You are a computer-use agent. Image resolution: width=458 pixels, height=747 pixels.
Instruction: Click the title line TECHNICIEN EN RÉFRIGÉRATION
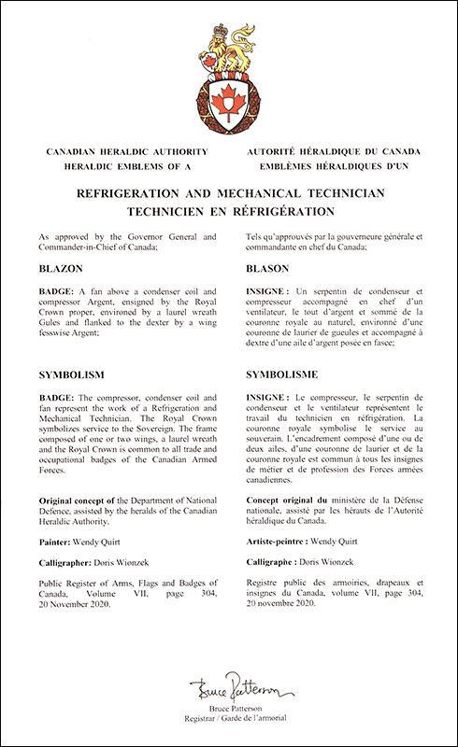(229, 210)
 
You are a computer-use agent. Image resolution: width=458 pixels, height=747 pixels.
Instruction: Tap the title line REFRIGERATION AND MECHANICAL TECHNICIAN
(229, 194)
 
